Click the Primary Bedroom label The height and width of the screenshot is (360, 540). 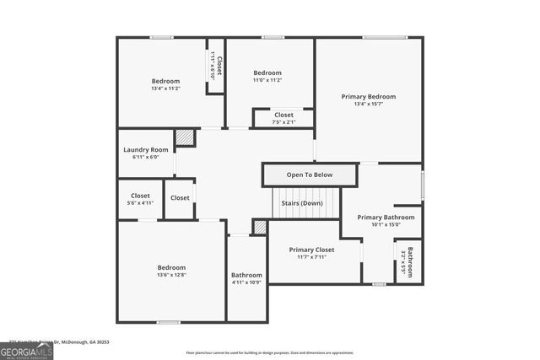coord(368,97)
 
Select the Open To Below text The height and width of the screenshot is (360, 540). coord(310,175)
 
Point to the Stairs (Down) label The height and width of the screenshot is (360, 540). coord(301,203)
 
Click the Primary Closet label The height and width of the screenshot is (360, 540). coord(311,250)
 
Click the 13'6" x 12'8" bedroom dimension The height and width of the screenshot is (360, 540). coord(170,275)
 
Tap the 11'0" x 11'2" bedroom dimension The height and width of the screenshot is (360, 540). coord(267,81)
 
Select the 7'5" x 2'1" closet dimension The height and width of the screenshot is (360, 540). coord(283,122)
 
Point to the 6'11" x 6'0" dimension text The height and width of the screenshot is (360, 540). coord(146,158)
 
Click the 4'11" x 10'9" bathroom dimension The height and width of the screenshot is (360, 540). coord(246,283)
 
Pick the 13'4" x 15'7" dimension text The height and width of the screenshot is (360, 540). coord(368,105)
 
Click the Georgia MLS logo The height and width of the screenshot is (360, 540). coord(27,352)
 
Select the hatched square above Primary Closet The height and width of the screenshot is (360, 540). coord(260,227)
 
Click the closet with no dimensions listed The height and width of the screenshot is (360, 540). coord(180,198)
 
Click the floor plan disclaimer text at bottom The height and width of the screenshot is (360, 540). coord(270,353)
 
